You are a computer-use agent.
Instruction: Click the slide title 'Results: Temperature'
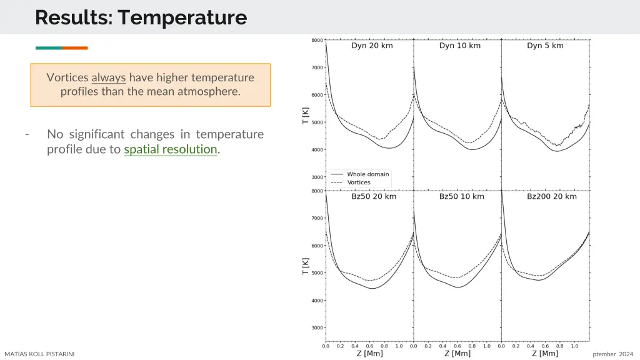(141, 17)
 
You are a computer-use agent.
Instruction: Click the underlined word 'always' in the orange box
(109, 78)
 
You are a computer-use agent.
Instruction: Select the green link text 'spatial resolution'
(171, 149)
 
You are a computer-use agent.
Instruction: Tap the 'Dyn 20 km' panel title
(372, 46)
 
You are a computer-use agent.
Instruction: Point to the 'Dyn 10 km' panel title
(459, 46)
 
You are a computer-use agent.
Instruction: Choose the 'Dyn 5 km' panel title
(545, 46)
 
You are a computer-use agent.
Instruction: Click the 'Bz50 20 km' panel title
(374, 196)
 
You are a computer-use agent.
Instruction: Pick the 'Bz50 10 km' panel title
(461, 196)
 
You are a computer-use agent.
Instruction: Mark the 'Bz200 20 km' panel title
(552, 196)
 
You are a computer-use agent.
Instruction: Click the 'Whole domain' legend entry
(367, 174)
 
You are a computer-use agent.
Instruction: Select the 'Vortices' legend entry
(359, 182)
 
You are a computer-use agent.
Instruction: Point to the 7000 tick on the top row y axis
(317, 67)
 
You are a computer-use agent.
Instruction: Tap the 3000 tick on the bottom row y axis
(317, 327)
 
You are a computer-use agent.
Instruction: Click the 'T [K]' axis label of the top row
(305, 115)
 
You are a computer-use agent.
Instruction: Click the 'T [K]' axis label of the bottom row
(305, 266)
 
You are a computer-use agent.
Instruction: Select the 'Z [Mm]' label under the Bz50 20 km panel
(370, 354)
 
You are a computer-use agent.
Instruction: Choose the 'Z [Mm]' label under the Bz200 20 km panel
(545, 354)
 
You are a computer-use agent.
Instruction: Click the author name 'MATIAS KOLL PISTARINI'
(39, 354)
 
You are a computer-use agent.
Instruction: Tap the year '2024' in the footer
(626, 354)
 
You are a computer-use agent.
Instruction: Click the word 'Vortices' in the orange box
(67, 78)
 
